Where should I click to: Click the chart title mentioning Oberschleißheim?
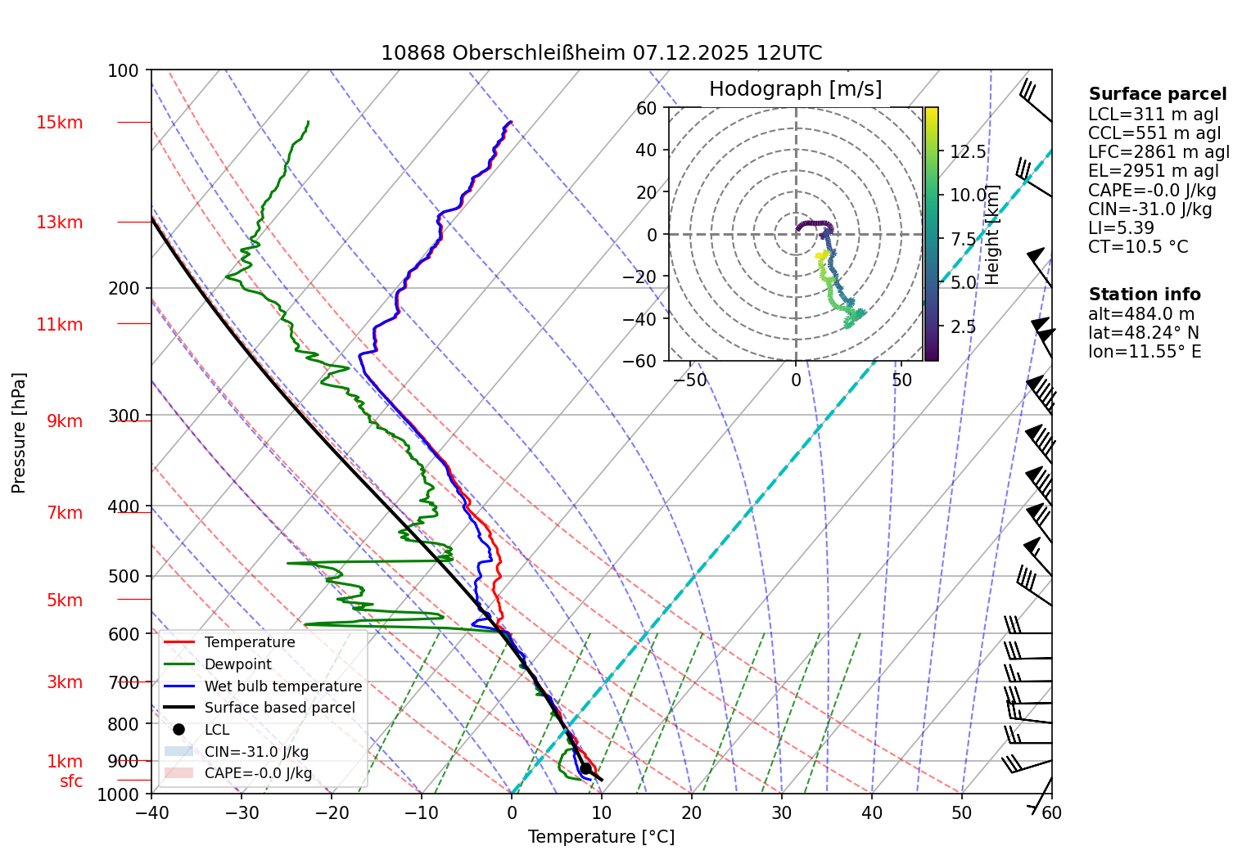(601, 53)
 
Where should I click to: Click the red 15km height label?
(59, 123)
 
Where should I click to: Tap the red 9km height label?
(64, 421)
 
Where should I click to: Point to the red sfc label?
(71, 781)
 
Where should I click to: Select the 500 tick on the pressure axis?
(124, 576)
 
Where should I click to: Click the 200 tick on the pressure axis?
(124, 288)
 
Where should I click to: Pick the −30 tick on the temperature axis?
(242, 812)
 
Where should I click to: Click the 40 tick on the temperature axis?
(872, 812)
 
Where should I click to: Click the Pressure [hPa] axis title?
(19, 433)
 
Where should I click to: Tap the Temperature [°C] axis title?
(601, 837)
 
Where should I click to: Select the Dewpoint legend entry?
(237, 664)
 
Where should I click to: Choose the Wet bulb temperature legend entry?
(282, 686)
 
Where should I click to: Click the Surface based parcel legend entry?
(279, 708)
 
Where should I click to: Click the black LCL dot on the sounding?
(585, 768)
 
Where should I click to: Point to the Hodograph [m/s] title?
(795, 89)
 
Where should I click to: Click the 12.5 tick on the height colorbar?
(968, 152)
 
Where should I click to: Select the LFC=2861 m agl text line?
(1158, 152)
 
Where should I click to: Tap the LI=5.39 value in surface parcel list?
(1121, 228)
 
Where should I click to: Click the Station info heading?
(1144, 295)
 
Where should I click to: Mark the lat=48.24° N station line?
(1143, 333)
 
